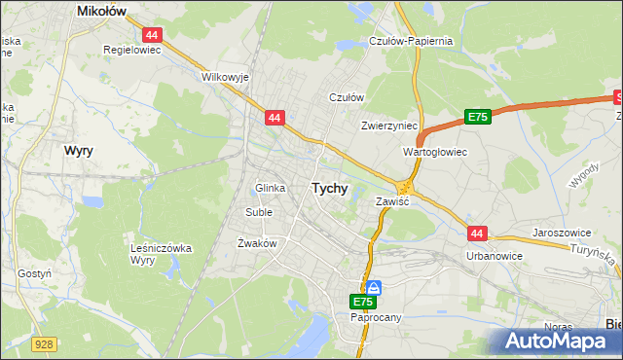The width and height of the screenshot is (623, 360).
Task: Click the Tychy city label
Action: click(x=329, y=189)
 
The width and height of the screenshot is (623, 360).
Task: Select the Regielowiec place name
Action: click(x=130, y=47)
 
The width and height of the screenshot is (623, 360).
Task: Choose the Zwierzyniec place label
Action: click(x=388, y=126)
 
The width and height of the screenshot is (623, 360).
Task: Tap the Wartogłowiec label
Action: click(x=435, y=153)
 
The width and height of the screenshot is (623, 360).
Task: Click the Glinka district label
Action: click(x=270, y=188)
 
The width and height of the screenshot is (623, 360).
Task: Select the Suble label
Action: click(x=259, y=211)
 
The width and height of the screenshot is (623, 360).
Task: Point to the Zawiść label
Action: click(x=393, y=201)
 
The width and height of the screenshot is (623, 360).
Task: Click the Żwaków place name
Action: click(x=258, y=243)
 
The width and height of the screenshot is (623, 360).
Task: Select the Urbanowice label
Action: click(x=494, y=256)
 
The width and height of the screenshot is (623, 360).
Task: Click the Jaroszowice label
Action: click(x=564, y=234)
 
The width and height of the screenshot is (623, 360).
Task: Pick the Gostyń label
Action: click(x=33, y=274)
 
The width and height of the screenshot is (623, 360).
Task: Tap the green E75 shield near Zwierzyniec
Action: click(x=477, y=117)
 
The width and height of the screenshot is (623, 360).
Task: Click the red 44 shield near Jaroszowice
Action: click(x=476, y=234)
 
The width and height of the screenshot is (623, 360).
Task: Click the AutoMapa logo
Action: click(x=559, y=342)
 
